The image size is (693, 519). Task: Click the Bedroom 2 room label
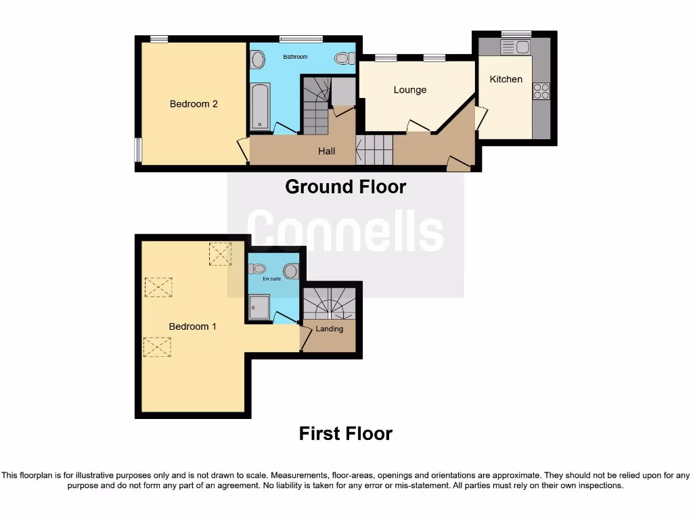(x=194, y=104)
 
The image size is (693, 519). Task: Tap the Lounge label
(x=410, y=90)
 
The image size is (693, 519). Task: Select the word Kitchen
(x=506, y=79)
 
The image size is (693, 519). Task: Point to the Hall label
(x=327, y=151)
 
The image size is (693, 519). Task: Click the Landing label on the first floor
(x=330, y=329)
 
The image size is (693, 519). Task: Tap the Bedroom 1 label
(x=193, y=326)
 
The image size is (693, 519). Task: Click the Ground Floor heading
(x=345, y=187)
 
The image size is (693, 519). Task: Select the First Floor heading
(x=345, y=433)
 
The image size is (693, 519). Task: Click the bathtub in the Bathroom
(x=260, y=106)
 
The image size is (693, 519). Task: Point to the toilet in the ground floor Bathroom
(x=344, y=59)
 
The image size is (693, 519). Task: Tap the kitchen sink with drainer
(x=516, y=47)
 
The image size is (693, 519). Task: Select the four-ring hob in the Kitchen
(x=541, y=91)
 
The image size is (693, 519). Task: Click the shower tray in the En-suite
(x=259, y=306)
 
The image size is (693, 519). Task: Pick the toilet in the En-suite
(x=290, y=271)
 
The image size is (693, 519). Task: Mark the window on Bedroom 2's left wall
(x=138, y=150)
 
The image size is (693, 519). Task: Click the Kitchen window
(x=516, y=34)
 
